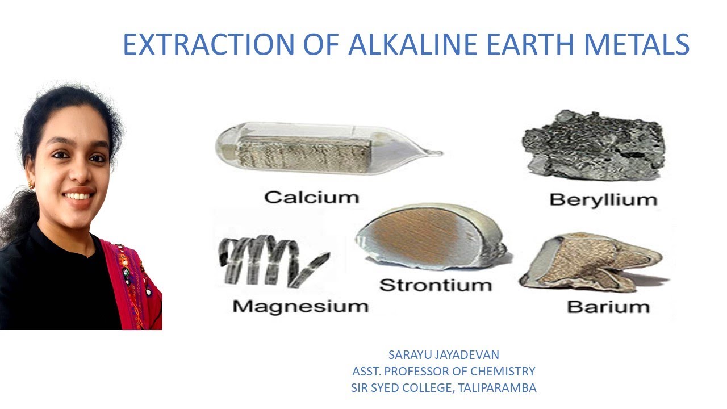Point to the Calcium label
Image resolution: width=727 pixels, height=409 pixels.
pyautogui.click(x=312, y=197)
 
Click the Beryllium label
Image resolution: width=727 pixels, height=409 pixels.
pyautogui.click(x=603, y=199)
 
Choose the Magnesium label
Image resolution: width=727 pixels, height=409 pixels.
pyautogui.click(x=300, y=306)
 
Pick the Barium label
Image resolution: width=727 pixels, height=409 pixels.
pyautogui.click(x=608, y=307)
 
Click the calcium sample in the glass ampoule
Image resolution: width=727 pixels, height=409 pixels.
pyautogui.click(x=304, y=148)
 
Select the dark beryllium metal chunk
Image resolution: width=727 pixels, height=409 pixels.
pyautogui.click(x=594, y=145)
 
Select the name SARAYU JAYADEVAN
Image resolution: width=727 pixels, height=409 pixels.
pyautogui.click(x=444, y=355)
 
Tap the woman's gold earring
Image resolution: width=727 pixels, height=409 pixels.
pyautogui.click(x=32, y=185)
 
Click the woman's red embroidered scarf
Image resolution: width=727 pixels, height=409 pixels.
pyautogui.click(x=133, y=284)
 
